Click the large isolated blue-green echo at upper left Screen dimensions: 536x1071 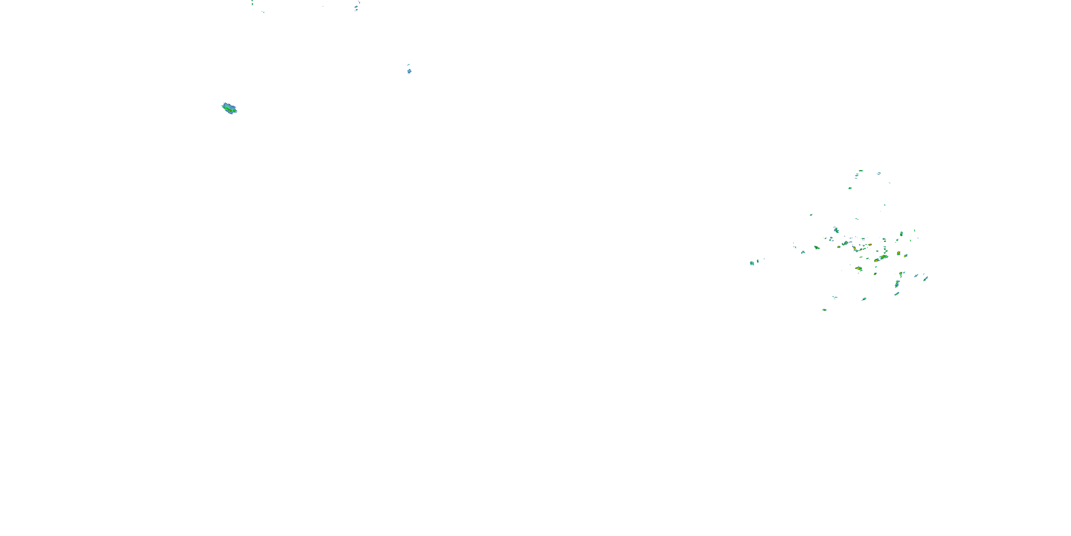click(x=229, y=109)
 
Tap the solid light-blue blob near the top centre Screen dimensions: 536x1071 click(x=409, y=71)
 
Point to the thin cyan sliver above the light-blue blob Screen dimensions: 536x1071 click(x=408, y=65)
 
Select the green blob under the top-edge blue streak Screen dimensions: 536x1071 click(x=356, y=8)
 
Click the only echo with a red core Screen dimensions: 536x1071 click(x=869, y=245)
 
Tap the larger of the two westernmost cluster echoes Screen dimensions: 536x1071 click(x=752, y=263)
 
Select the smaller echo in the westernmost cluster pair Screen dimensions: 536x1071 click(x=758, y=261)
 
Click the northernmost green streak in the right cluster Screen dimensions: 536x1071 click(x=861, y=170)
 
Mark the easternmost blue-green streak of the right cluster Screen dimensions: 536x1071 click(x=925, y=278)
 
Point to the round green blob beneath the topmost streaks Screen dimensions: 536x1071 click(x=850, y=188)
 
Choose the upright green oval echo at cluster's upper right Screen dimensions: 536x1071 click(x=901, y=234)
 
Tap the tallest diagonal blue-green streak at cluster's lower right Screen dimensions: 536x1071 click(x=897, y=284)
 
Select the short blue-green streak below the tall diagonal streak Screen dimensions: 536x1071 click(x=896, y=294)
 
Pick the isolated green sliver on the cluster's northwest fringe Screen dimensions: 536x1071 click(x=811, y=215)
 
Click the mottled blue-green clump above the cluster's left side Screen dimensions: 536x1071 click(x=836, y=230)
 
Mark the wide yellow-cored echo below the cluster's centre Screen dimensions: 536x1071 click(x=859, y=268)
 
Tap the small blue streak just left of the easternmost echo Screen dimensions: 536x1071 click(x=916, y=276)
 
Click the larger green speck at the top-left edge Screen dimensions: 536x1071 click(x=252, y=4)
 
